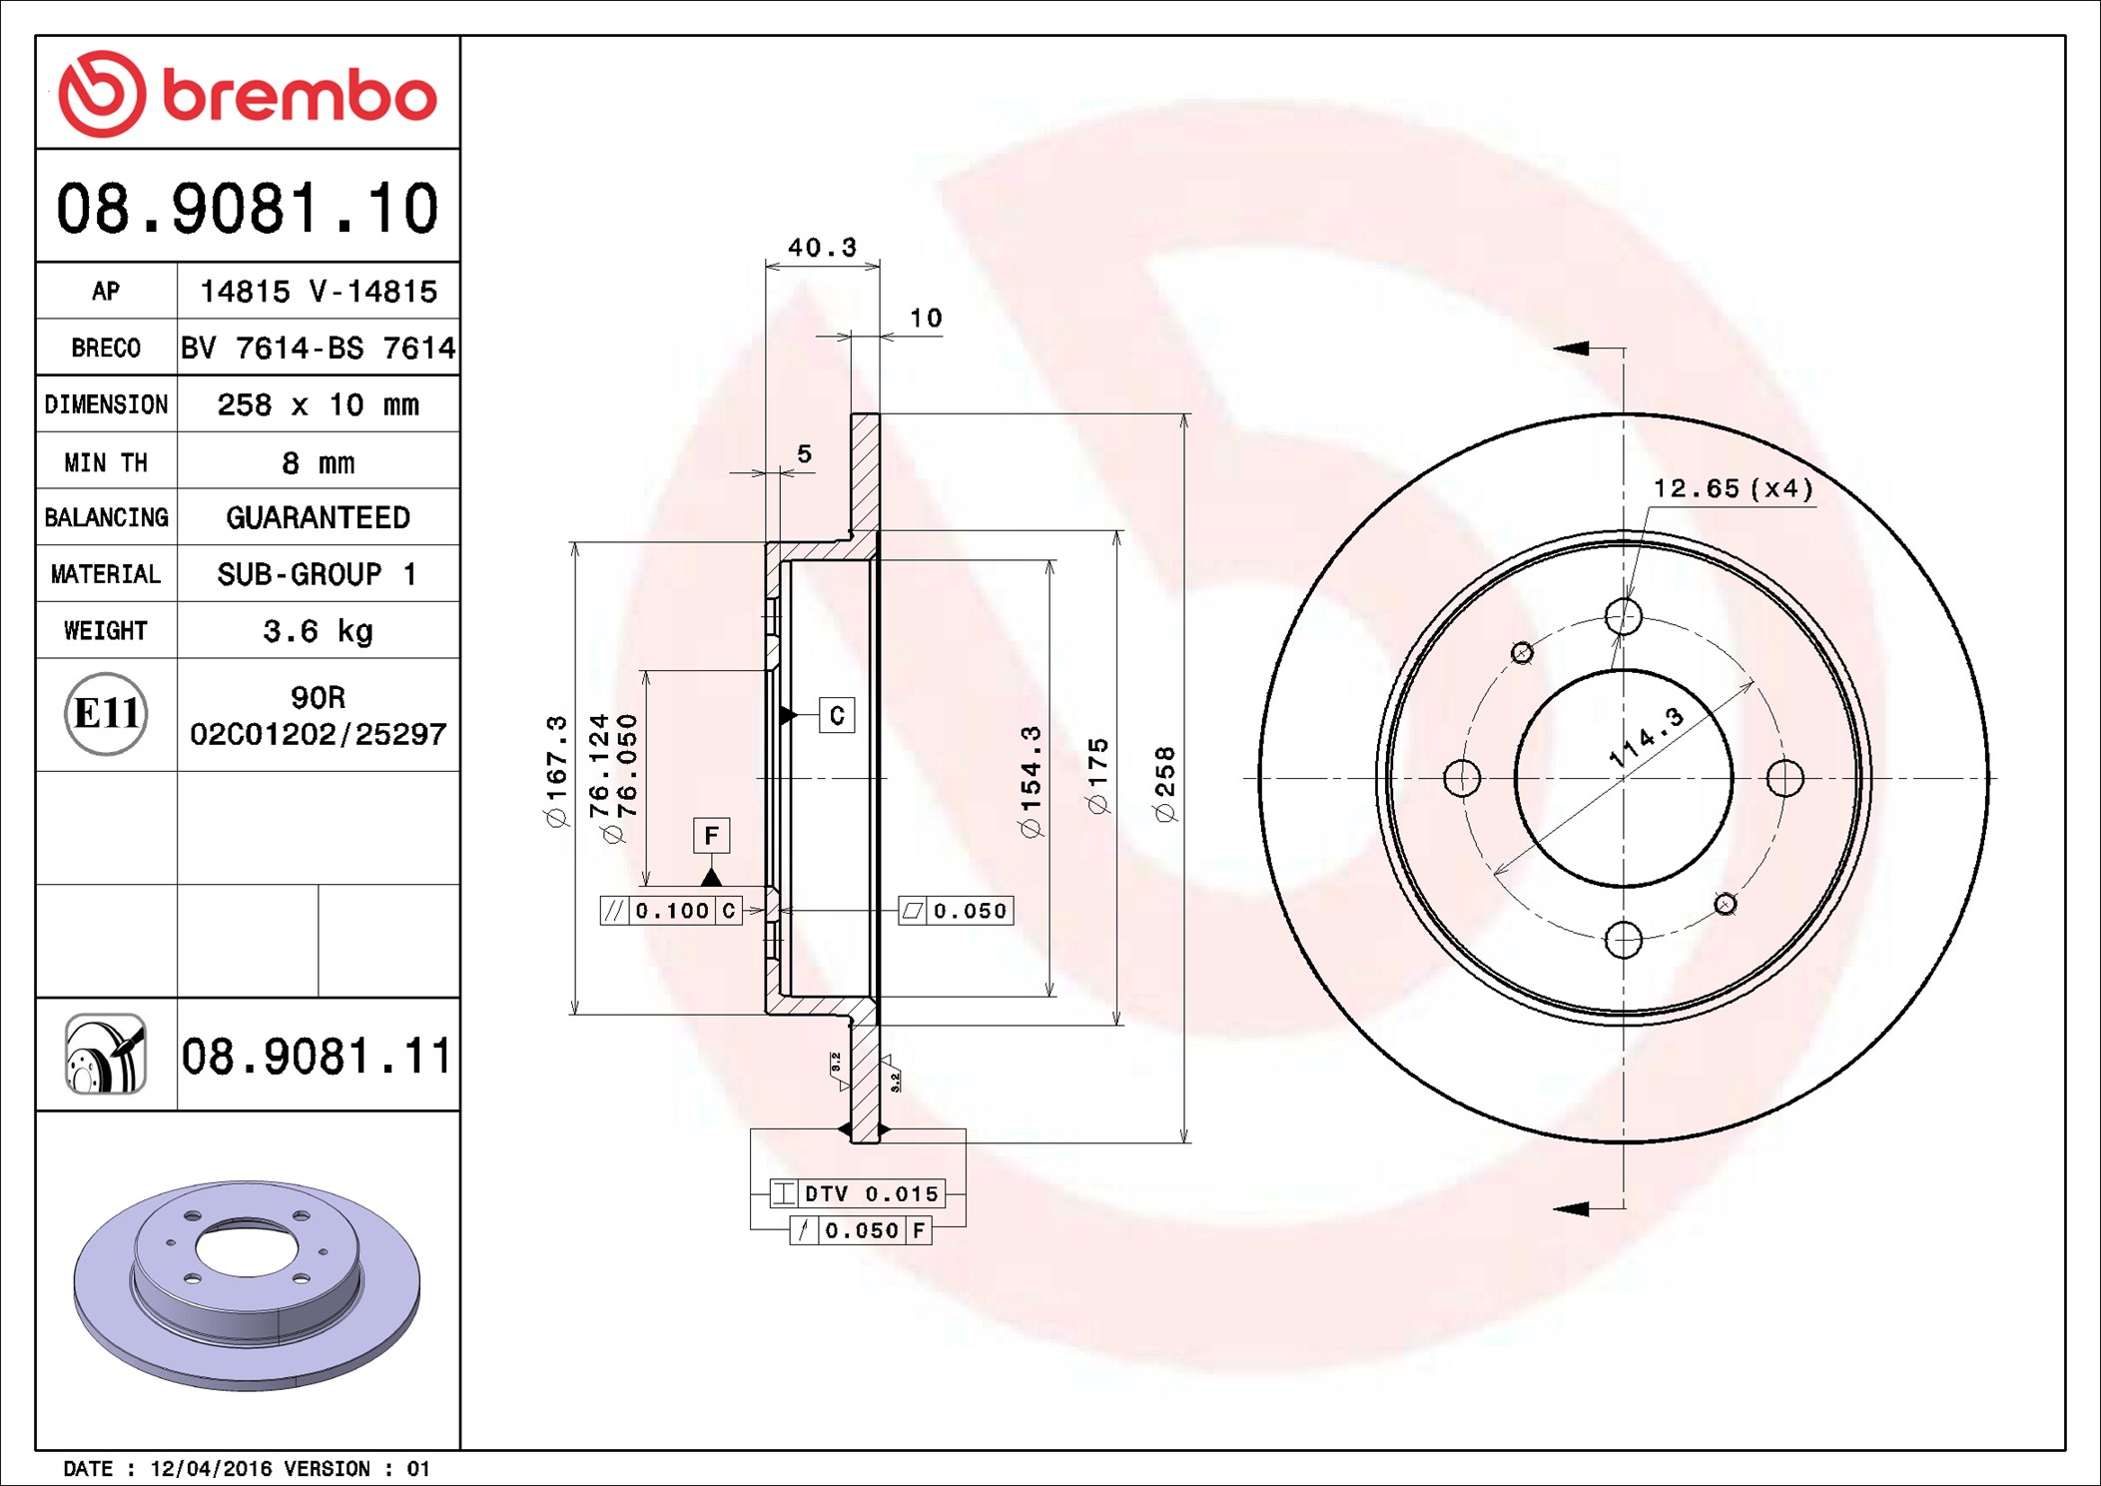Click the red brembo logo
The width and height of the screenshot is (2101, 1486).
pyautogui.click(x=247, y=94)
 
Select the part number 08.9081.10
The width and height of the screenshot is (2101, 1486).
pyautogui.click(x=247, y=209)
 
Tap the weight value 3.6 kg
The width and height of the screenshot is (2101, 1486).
pyautogui.click(x=318, y=631)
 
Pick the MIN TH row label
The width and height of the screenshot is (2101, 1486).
pyautogui.click(x=106, y=462)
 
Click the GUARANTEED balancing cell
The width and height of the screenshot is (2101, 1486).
pyautogui.click(x=318, y=517)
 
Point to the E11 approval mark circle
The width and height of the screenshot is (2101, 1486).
pyautogui.click(x=106, y=714)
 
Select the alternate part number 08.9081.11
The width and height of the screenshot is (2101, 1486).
pyautogui.click(x=317, y=1057)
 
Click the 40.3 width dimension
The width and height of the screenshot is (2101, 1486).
pyautogui.click(x=822, y=247)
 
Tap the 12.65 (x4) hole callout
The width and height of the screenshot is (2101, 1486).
pyautogui.click(x=1733, y=488)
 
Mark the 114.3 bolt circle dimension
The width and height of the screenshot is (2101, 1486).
pyautogui.click(x=1646, y=737)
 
